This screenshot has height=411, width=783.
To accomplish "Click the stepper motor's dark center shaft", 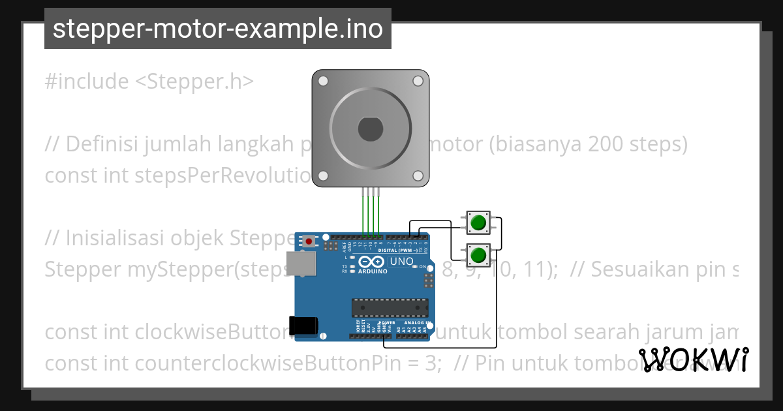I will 370,129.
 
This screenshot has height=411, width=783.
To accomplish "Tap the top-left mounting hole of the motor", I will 322,81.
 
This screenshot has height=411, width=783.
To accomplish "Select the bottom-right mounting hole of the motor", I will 418,175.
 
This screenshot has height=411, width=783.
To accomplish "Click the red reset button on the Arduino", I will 309,241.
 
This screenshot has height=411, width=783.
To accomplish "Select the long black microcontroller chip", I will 390,307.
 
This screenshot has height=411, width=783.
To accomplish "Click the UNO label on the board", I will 401,262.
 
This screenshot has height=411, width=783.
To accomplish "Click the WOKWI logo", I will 694,359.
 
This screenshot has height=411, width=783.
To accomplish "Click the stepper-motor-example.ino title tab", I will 218,29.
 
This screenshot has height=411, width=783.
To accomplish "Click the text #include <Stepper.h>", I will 149,82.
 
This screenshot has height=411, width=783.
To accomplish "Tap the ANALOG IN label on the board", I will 414,323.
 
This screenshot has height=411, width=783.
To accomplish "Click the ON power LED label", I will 422,267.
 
